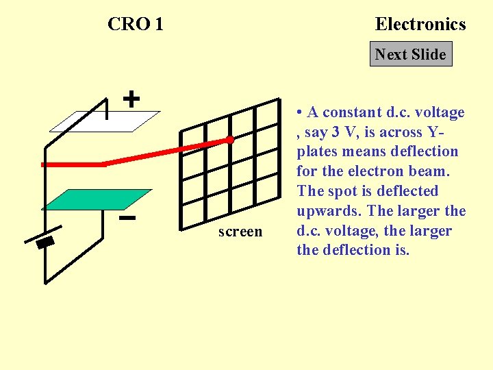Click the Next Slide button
(x=411, y=54)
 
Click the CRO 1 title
(x=136, y=24)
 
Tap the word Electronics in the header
(x=420, y=24)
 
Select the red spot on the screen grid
(x=231, y=140)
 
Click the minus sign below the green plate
(x=126, y=219)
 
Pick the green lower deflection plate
(x=97, y=199)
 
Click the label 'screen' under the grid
(x=240, y=232)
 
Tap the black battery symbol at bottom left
(x=45, y=243)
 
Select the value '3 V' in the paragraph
(x=345, y=132)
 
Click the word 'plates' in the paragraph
(x=316, y=151)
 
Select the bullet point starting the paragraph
(x=301, y=112)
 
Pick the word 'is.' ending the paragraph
(x=399, y=251)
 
